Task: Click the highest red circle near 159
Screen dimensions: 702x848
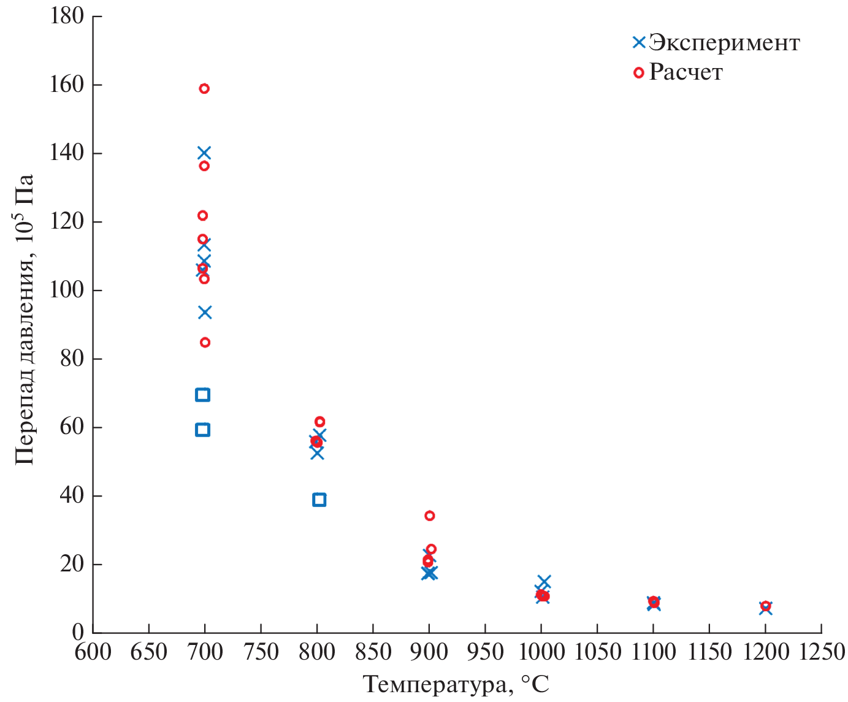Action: (x=204, y=89)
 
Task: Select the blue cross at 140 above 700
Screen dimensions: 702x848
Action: (x=204, y=153)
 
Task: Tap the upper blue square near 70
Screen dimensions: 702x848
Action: (x=202, y=395)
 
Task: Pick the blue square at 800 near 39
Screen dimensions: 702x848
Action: (x=319, y=500)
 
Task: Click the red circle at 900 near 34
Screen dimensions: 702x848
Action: (x=430, y=516)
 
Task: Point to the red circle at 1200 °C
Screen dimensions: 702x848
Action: (x=765, y=606)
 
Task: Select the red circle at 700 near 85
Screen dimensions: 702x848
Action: (x=205, y=342)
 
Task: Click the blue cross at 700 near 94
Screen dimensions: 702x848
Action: (x=205, y=313)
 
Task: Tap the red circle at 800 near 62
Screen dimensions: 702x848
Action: (x=319, y=422)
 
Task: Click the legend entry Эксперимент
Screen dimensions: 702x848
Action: (x=724, y=43)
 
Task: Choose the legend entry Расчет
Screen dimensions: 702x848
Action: (x=686, y=72)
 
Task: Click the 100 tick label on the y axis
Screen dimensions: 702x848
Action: (x=67, y=290)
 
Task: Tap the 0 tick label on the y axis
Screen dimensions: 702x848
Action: (x=78, y=631)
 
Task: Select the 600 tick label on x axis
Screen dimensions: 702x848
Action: (x=93, y=652)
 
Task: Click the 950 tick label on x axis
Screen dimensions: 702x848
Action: (x=485, y=652)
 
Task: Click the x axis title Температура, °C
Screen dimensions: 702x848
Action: (x=456, y=684)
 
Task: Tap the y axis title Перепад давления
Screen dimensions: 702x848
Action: (x=25, y=319)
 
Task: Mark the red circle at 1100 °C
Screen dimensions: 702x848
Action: (x=654, y=601)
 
